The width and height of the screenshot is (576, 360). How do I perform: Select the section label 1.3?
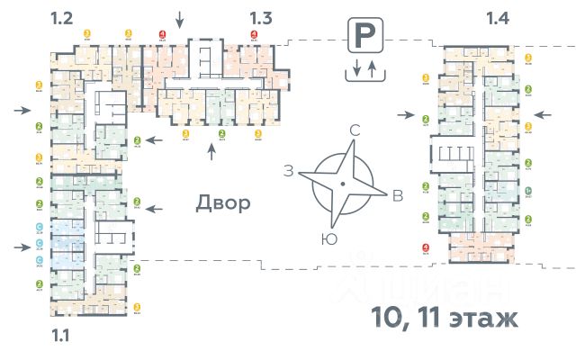click(261, 18)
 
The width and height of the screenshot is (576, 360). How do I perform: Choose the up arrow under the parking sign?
click(372, 67)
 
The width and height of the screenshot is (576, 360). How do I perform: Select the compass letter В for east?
click(396, 198)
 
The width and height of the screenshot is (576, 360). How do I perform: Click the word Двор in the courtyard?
click(222, 202)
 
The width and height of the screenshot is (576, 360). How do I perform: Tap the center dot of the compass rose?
click(343, 184)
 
